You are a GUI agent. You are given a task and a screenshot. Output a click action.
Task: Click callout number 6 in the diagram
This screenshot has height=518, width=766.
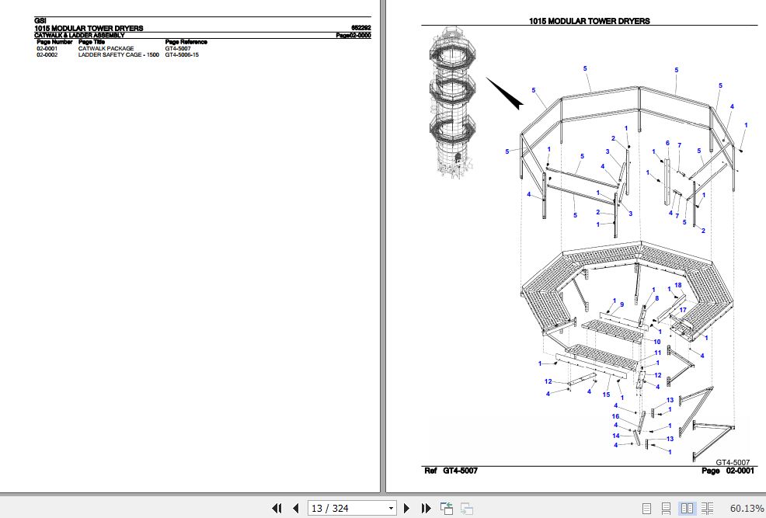coord(667,143)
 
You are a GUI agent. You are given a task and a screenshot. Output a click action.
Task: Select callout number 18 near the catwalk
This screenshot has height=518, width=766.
coord(677,285)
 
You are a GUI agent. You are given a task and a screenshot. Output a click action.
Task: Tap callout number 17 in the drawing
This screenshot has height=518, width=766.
coord(683,311)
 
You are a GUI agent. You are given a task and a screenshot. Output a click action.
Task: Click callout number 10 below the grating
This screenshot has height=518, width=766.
coord(657,342)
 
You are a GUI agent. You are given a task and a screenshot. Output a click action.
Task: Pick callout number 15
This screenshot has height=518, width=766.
coord(606,394)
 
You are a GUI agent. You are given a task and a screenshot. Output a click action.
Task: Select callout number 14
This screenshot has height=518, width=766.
coord(615,435)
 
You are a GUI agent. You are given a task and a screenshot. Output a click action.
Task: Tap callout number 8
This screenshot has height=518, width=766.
coord(656,298)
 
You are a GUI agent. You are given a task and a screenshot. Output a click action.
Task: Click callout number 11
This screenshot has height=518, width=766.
coord(657,353)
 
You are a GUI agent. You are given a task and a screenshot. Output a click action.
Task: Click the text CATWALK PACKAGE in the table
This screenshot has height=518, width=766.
coord(106,49)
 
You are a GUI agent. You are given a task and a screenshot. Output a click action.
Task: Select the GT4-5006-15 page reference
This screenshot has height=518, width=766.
coord(182,55)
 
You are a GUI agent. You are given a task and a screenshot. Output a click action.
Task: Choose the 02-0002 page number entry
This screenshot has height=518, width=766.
coord(47,55)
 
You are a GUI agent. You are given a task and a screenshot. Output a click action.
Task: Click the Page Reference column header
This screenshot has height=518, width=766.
coord(186,42)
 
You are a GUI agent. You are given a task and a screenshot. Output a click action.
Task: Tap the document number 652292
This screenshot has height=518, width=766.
coord(360,29)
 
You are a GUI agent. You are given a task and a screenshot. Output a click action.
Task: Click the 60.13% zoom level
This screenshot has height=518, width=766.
coord(747,509)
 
